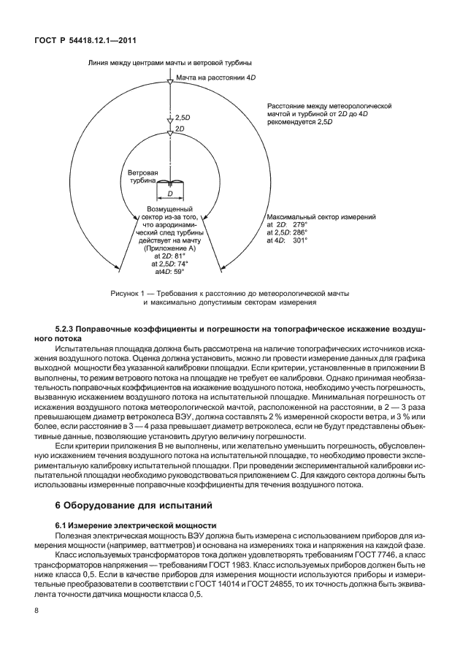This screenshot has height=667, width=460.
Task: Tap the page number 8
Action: pyautogui.click(x=37, y=610)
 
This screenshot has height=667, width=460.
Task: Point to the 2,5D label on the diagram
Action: pyautogui.click(x=183, y=117)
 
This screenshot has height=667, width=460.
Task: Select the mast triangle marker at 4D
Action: pyautogui.click(x=170, y=83)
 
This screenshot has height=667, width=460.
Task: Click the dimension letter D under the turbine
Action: pyautogui.click(x=169, y=195)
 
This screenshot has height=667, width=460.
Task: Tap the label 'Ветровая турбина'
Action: pyautogui.click(x=142, y=179)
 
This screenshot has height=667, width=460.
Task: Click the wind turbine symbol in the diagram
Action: pyautogui.click(x=169, y=182)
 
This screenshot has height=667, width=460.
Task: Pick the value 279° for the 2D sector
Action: pyautogui.click(x=300, y=225)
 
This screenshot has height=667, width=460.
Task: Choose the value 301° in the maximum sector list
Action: pyautogui.click(x=300, y=240)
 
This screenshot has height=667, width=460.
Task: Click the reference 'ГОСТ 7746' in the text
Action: pyautogui.click(x=364, y=555)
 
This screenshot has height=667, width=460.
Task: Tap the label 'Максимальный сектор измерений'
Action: pyautogui.click(x=321, y=217)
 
